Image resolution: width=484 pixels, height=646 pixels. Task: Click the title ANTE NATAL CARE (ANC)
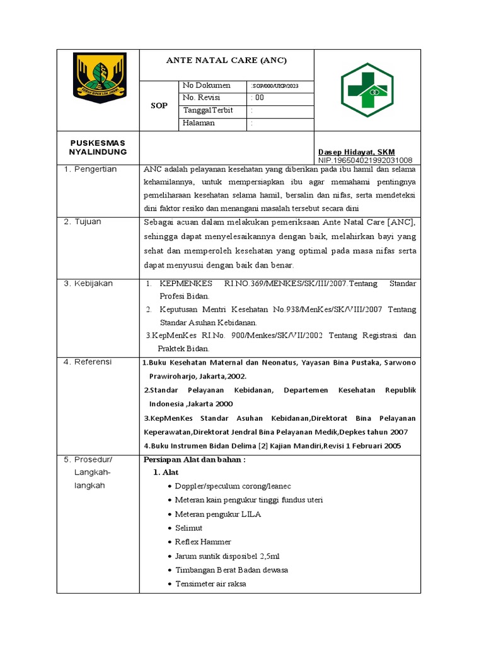(226, 61)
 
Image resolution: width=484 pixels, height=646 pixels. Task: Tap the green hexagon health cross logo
(367, 90)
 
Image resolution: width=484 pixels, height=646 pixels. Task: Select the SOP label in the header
(159, 105)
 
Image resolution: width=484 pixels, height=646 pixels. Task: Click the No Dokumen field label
(206, 85)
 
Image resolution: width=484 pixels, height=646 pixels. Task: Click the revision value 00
(258, 98)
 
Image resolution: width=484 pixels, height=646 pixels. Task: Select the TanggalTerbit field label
(207, 110)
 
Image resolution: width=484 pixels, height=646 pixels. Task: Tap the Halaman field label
(199, 123)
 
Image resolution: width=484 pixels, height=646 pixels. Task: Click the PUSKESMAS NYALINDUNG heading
(98, 148)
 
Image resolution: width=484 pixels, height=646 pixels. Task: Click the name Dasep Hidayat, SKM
(356, 152)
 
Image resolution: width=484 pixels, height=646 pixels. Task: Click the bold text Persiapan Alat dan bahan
(194, 459)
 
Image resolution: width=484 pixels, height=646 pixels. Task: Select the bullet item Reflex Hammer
(203, 542)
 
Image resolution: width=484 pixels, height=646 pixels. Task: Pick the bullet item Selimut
(188, 528)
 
